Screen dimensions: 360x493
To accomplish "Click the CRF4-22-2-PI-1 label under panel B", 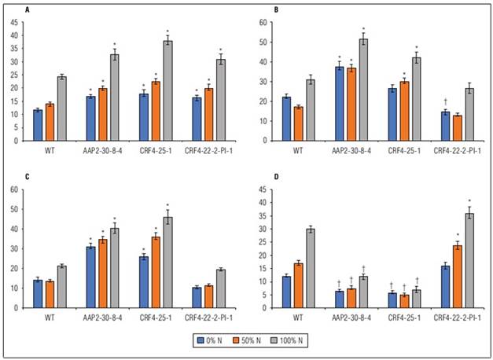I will (457, 149).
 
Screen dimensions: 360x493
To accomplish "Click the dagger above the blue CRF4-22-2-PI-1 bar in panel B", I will (445, 101).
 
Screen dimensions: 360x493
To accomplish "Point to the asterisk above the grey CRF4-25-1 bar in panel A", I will (167, 32).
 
